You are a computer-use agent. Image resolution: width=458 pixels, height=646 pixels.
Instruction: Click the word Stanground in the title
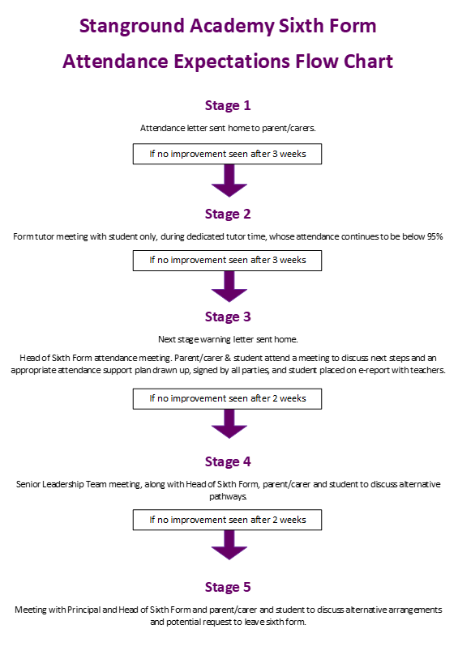pyautogui.click(x=131, y=27)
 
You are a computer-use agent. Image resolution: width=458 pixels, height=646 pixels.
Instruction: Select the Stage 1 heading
pyautogui.click(x=228, y=106)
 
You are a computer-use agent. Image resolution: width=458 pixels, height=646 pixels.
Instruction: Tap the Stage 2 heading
pyautogui.click(x=228, y=215)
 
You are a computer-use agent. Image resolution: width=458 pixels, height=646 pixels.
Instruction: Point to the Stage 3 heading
pyautogui.click(x=228, y=317)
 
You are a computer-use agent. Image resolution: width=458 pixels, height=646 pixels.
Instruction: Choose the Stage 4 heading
pyautogui.click(x=228, y=462)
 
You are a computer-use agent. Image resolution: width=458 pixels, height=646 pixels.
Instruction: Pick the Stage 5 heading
pyautogui.click(x=228, y=588)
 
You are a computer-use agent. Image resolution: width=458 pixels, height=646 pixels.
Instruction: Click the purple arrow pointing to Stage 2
pyautogui.click(x=229, y=181)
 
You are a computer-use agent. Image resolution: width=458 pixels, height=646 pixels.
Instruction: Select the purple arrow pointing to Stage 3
pyautogui.click(x=229, y=287)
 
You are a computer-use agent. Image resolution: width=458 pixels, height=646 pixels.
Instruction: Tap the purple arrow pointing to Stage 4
pyautogui.click(x=229, y=423)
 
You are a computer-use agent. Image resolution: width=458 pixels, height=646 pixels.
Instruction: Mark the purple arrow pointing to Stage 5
pyautogui.click(x=229, y=545)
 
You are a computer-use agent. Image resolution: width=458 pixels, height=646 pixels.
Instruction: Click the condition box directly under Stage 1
pyautogui.click(x=227, y=154)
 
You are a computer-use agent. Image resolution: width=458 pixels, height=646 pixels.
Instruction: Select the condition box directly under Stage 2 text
pyautogui.click(x=227, y=261)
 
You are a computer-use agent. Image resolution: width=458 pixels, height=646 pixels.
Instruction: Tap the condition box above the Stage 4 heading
pyautogui.click(x=227, y=399)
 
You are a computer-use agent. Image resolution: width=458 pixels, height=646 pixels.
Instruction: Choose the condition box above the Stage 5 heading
pyautogui.click(x=227, y=520)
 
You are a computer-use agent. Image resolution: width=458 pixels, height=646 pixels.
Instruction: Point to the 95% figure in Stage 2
pyautogui.click(x=434, y=237)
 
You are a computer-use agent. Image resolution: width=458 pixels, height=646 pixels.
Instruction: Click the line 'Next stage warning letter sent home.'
pyautogui.click(x=228, y=339)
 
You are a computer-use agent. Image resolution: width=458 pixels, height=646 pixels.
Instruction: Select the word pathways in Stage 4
pyautogui.click(x=228, y=497)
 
